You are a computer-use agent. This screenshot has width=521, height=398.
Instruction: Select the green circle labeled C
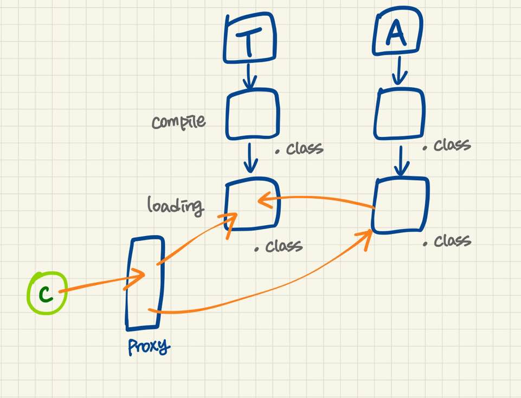tap(47, 293)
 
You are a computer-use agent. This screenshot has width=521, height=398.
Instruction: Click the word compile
tap(178, 121)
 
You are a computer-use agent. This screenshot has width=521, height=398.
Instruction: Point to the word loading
tap(175, 205)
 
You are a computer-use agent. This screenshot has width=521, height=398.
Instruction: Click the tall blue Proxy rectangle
tap(144, 283)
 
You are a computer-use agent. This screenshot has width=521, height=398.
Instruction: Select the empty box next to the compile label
tap(252, 114)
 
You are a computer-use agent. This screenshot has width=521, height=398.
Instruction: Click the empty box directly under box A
tap(400, 113)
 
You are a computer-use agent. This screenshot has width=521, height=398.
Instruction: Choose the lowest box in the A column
tap(401, 205)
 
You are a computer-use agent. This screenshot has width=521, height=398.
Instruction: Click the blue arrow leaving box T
tap(249, 76)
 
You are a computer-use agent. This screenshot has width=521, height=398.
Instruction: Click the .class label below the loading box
tap(279, 247)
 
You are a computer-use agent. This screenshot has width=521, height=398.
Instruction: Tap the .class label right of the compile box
tap(299, 149)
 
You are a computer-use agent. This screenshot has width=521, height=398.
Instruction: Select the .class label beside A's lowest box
tap(448, 241)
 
